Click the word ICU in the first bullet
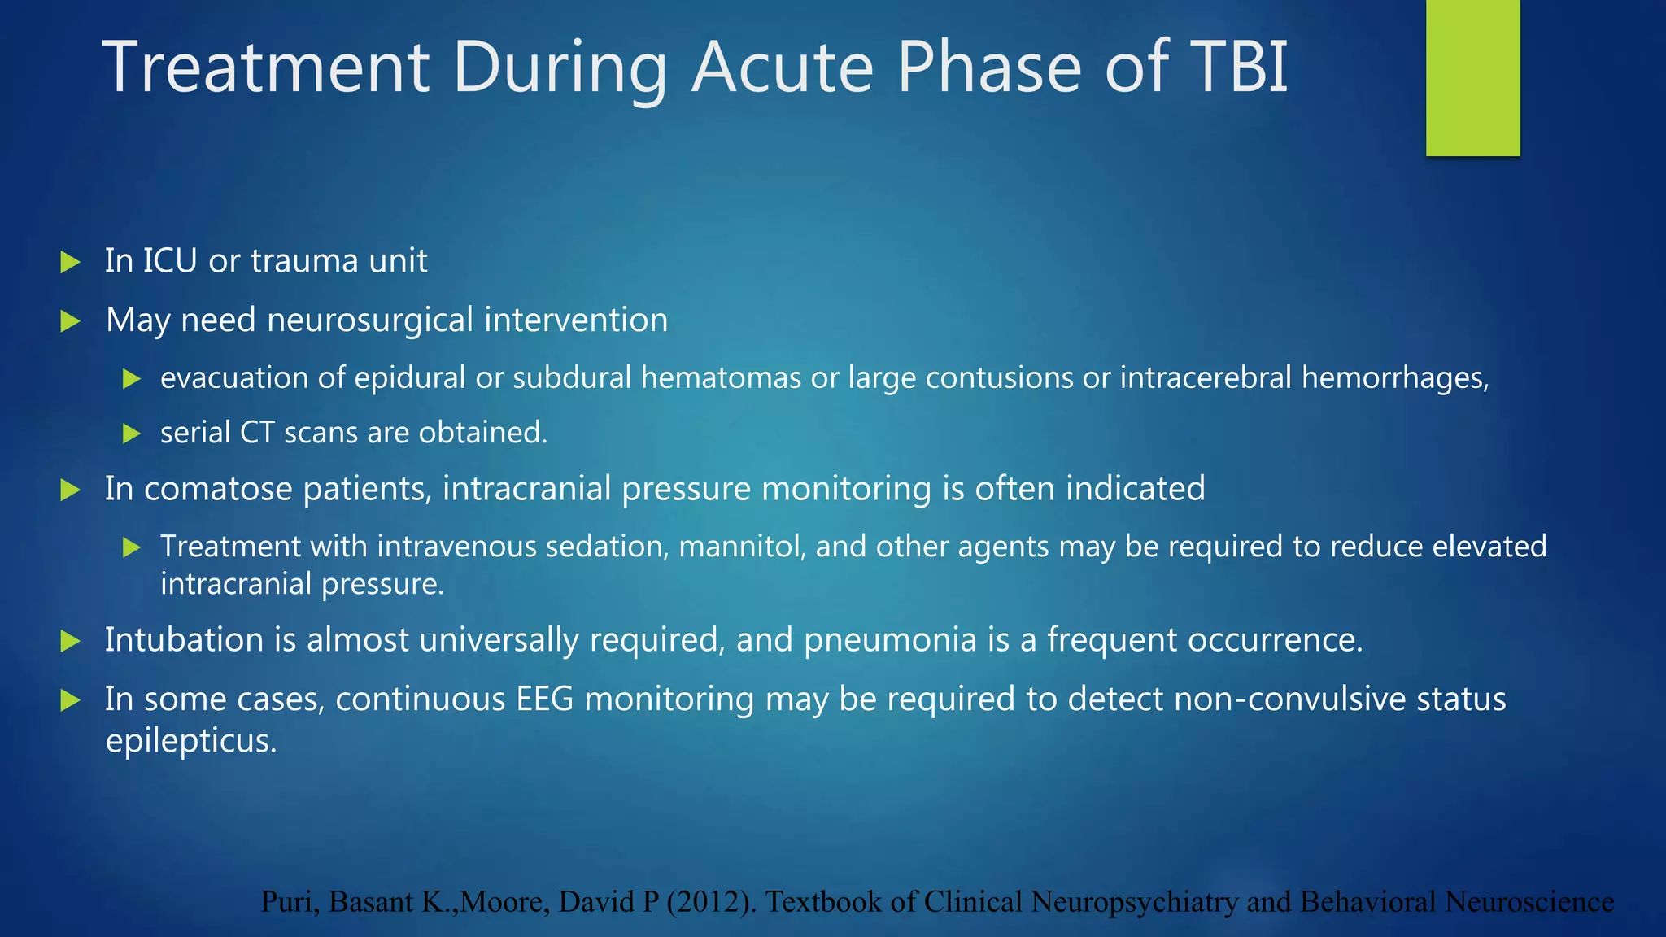tap(170, 261)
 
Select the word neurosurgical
tap(370, 320)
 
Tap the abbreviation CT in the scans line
tap(257, 433)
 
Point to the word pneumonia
tap(890, 640)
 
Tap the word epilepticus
tap(191, 741)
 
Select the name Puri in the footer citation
tap(289, 902)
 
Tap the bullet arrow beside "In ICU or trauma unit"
tap(71, 262)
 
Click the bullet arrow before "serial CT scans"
tap(132, 434)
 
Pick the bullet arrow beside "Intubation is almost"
tap(71, 641)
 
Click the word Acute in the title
tap(783, 67)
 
